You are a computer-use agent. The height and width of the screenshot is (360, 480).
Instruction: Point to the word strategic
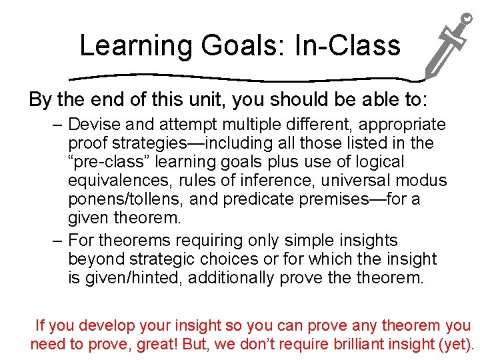pyautogui.click(x=159, y=259)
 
